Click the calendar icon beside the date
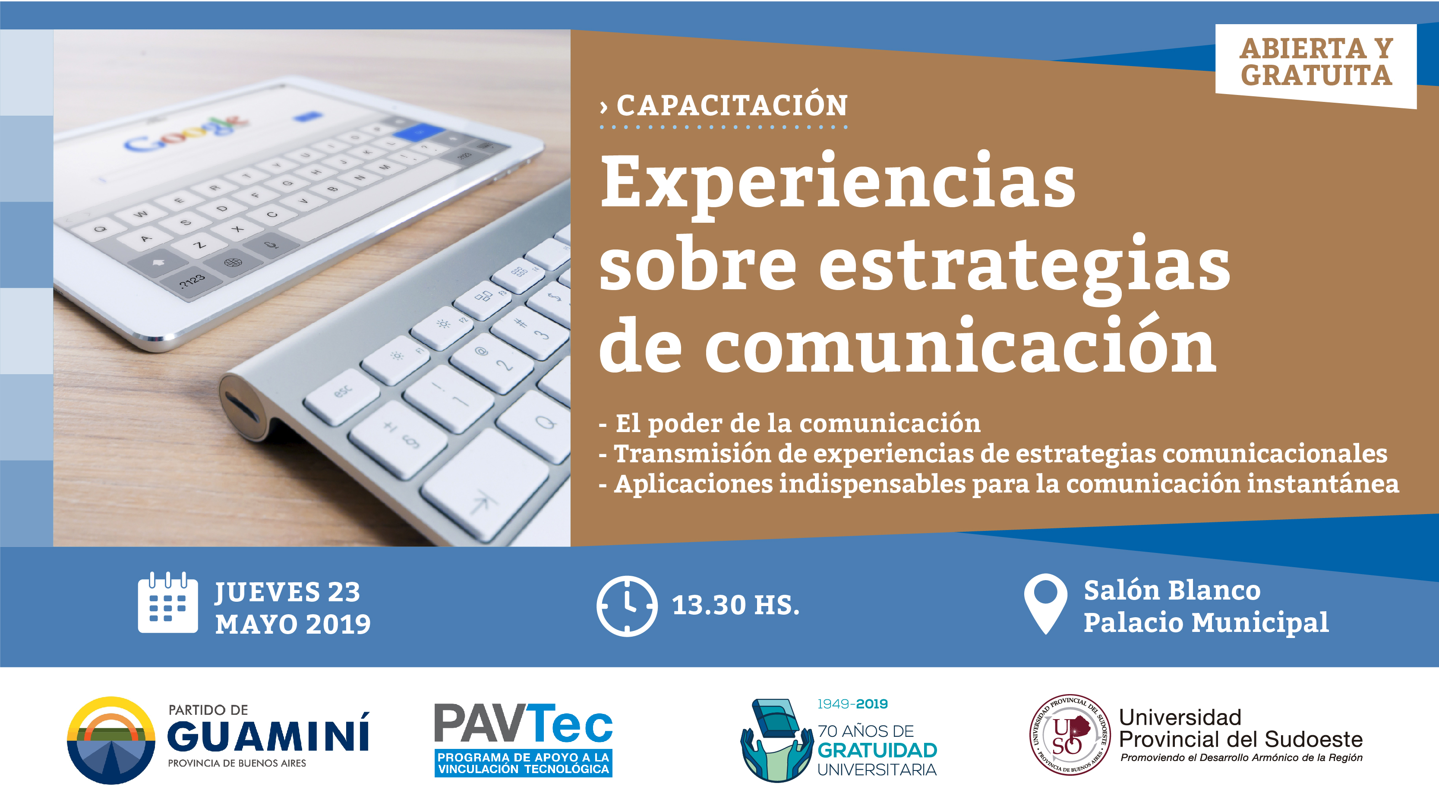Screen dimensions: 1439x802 click(x=167, y=603)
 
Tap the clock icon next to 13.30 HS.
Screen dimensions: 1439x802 click(x=627, y=606)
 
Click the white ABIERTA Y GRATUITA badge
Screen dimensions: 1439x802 click(x=1316, y=64)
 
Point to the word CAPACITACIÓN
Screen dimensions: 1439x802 click(x=732, y=106)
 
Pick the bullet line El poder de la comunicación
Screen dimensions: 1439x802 click(x=789, y=423)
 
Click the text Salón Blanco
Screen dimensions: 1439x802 click(x=1172, y=590)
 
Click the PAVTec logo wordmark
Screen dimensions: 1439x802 click(x=524, y=724)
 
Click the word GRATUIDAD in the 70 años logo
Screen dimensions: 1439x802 click(x=877, y=751)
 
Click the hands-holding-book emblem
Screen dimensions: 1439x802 click(x=776, y=740)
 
